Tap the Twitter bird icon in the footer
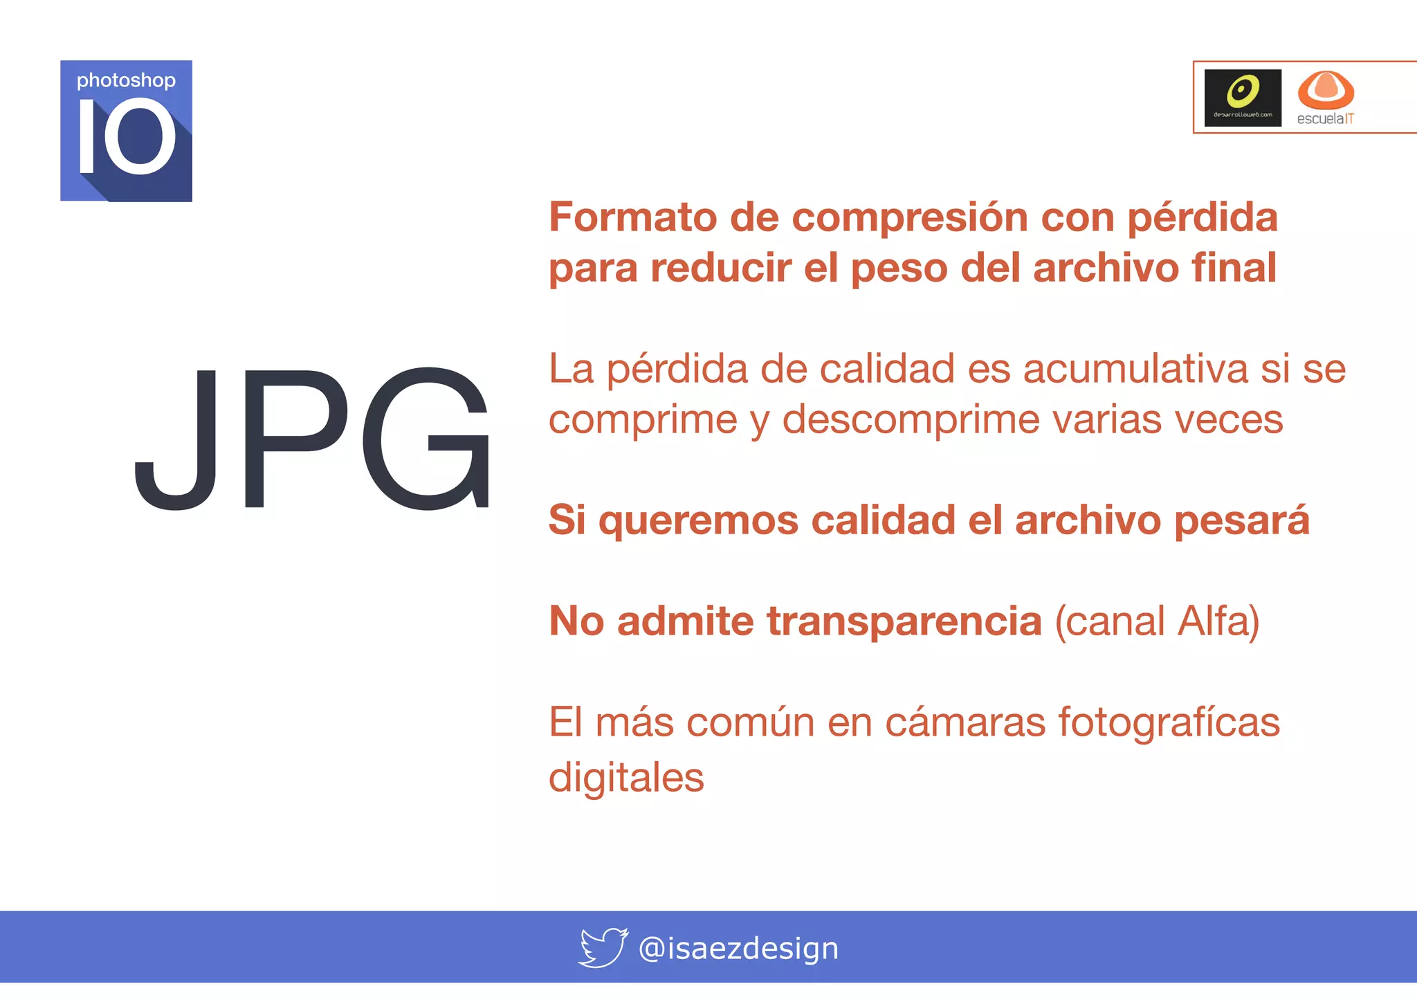(603, 947)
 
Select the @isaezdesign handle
(738, 948)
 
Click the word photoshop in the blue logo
(126, 81)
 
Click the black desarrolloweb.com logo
(1243, 98)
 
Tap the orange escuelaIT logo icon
(1325, 89)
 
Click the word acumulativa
(1135, 368)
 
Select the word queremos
(698, 520)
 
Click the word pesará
(1242, 520)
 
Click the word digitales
(626, 778)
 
